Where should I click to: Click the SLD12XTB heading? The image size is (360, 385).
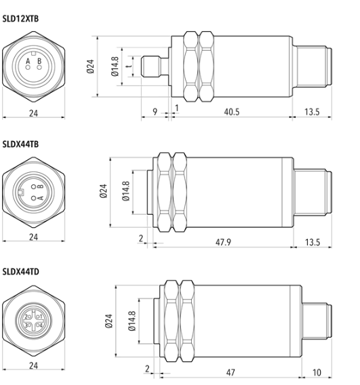20,19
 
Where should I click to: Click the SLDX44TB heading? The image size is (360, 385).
20,144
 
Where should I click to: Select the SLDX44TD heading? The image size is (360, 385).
20,272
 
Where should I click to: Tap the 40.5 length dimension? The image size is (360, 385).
232,112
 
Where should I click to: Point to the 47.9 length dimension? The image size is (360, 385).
223,242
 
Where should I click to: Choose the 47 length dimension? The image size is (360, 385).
231,373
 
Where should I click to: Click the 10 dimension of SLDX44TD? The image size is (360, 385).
317,373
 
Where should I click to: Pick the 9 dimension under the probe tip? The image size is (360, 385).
155,112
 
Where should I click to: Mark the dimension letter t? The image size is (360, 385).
129,66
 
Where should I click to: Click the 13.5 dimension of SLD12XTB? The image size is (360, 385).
312,112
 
